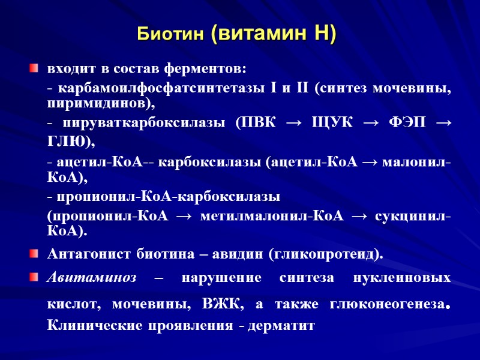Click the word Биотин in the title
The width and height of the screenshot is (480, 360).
(x=172, y=34)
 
